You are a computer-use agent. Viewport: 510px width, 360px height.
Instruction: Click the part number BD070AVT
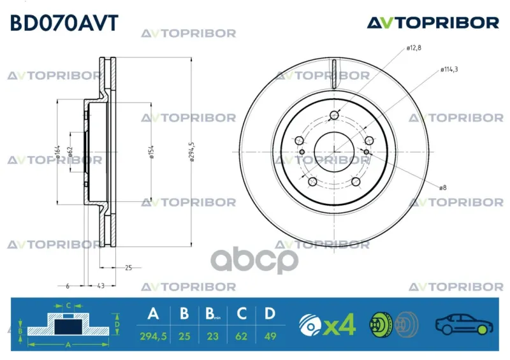(x=64, y=24)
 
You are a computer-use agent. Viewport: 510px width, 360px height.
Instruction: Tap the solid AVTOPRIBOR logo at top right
(x=433, y=23)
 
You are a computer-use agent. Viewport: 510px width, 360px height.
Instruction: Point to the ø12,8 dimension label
(x=414, y=48)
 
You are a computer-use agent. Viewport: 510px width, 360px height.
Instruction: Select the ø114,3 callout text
(x=449, y=69)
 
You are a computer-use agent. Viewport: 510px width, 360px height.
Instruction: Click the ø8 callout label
(x=442, y=187)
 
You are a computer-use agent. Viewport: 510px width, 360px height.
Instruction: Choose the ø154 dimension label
(x=151, y=152)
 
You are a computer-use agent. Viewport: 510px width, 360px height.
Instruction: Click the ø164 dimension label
(x=57, y=152)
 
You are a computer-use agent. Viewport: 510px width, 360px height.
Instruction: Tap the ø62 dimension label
(x=70, y=152)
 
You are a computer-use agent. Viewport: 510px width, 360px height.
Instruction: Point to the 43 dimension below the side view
(x=101, y=286)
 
